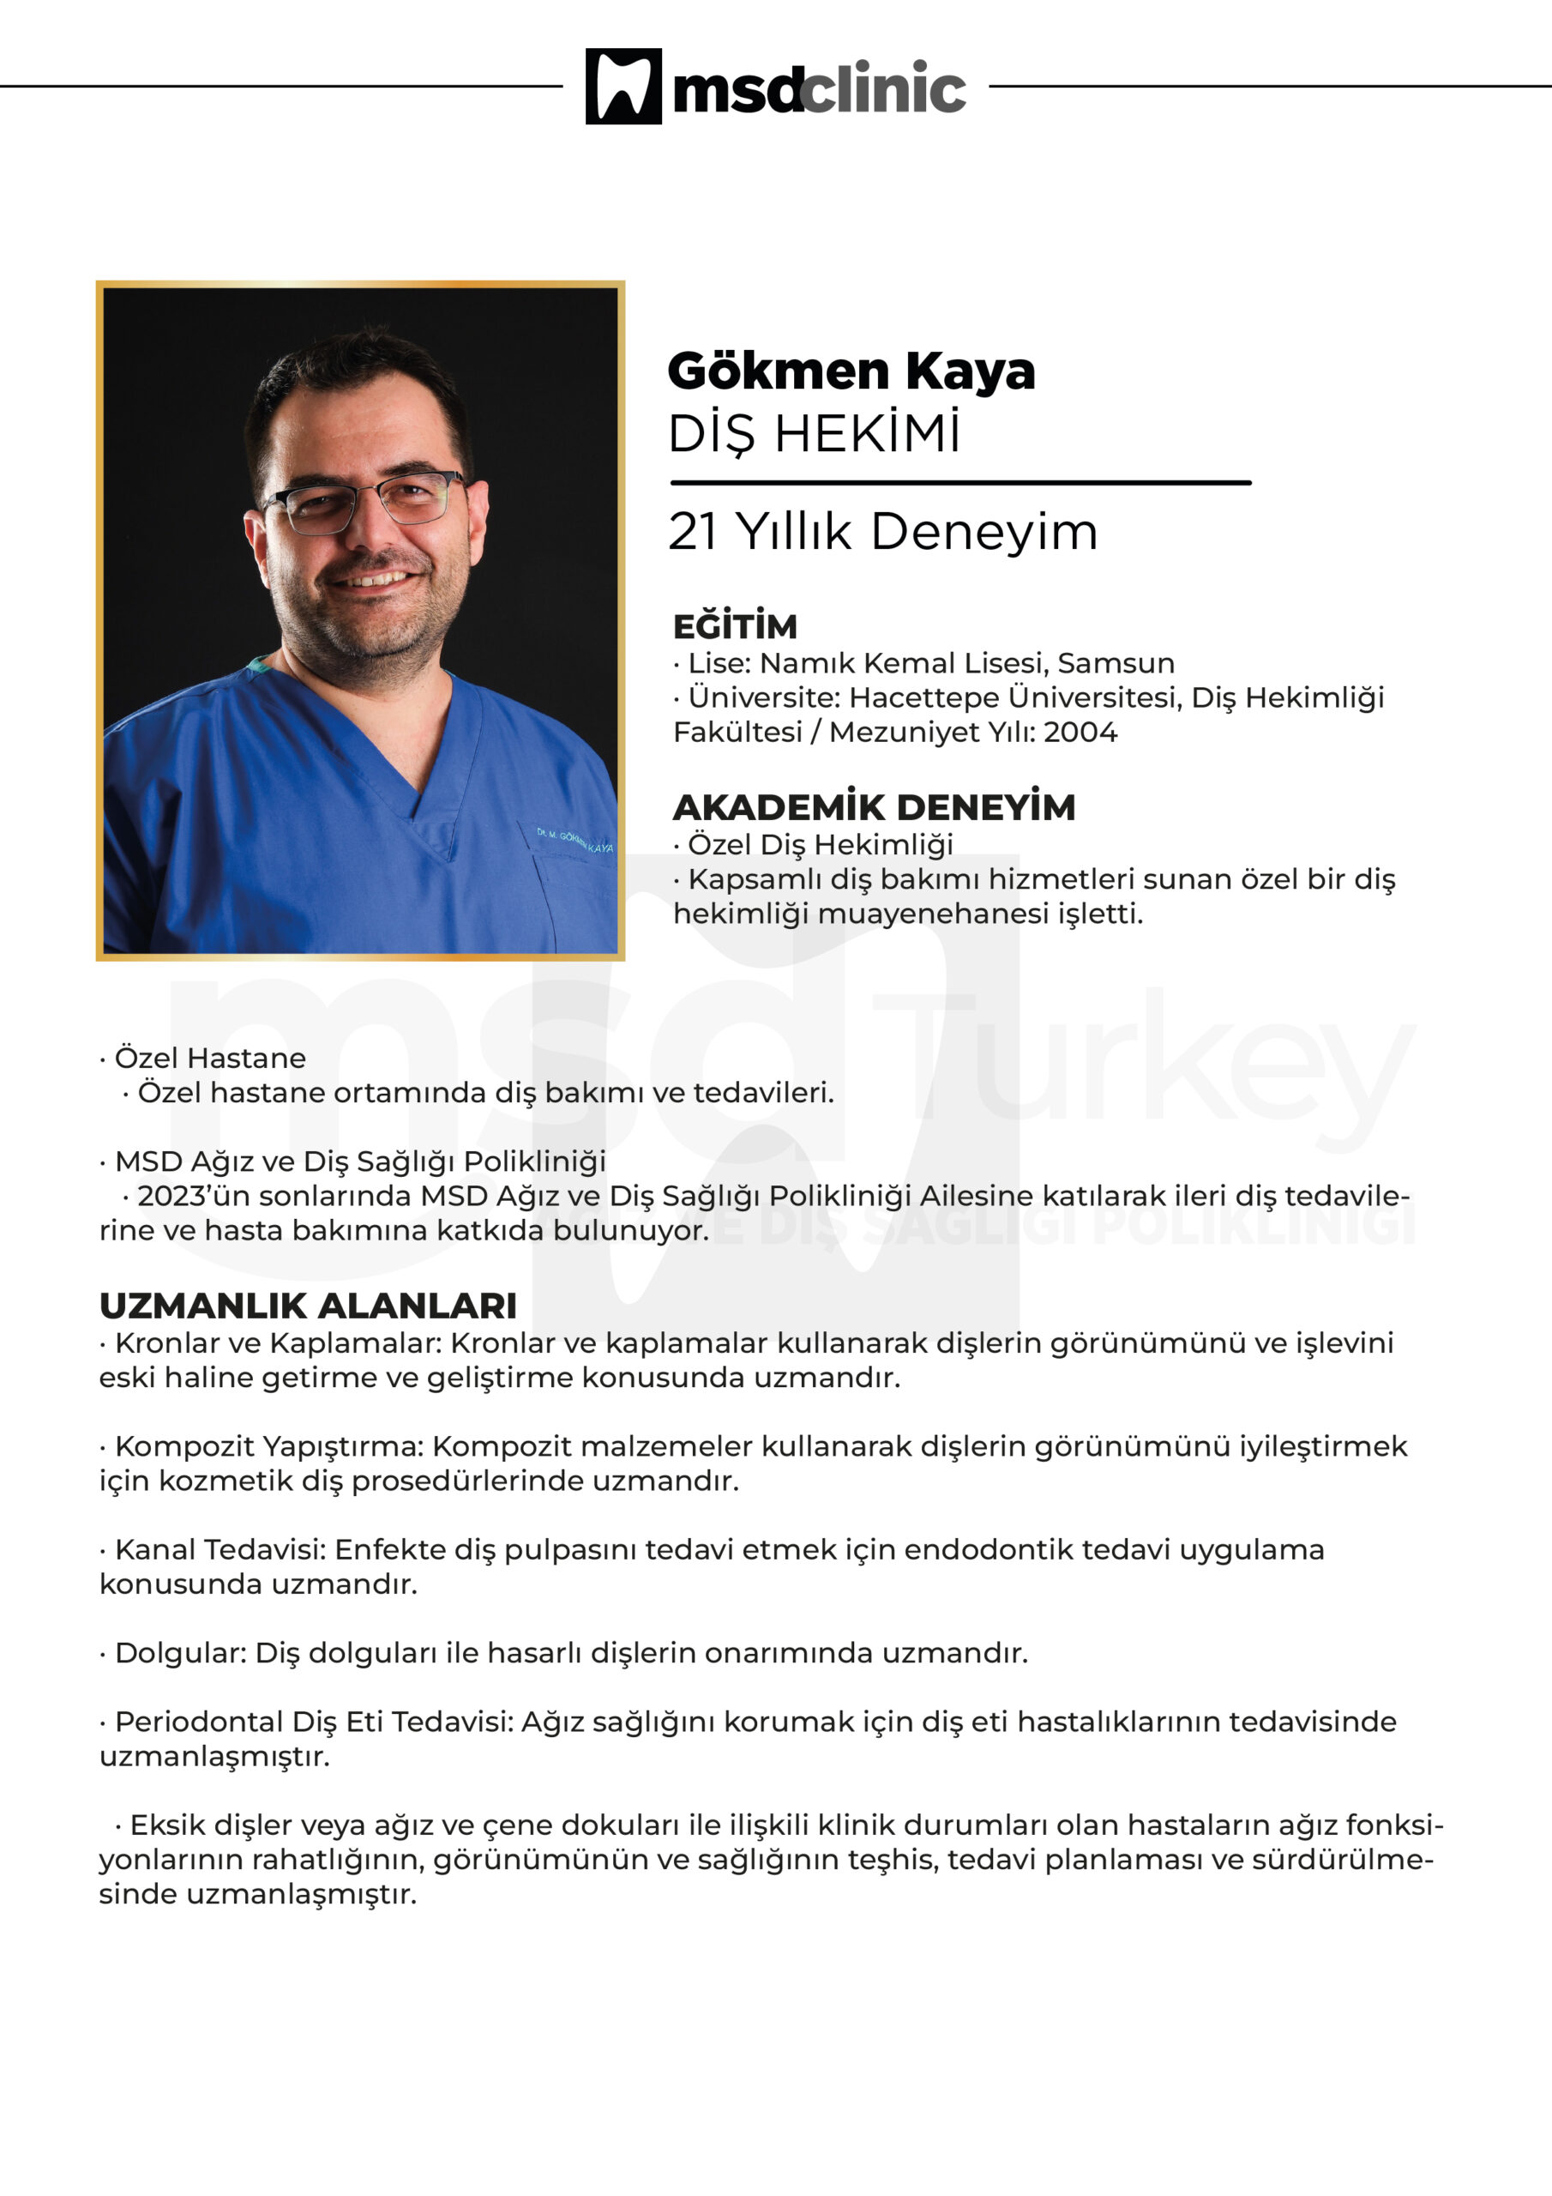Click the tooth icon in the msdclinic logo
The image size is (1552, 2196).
[623, 86]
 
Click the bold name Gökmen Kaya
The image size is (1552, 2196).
[850, 371]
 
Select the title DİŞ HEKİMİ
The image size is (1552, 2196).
[814, 434]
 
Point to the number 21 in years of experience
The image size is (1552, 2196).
[692, 532]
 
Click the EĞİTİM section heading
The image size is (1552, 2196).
[734, 626]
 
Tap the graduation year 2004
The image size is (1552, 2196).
[1080, 732]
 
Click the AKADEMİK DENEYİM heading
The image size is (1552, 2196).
[873, 807]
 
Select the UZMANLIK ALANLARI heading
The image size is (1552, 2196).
[308, 1306]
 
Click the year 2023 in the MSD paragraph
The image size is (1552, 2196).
[168, 1196]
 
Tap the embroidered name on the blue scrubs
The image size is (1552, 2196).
[574, 841]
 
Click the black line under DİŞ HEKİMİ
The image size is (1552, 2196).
[960, 483]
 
